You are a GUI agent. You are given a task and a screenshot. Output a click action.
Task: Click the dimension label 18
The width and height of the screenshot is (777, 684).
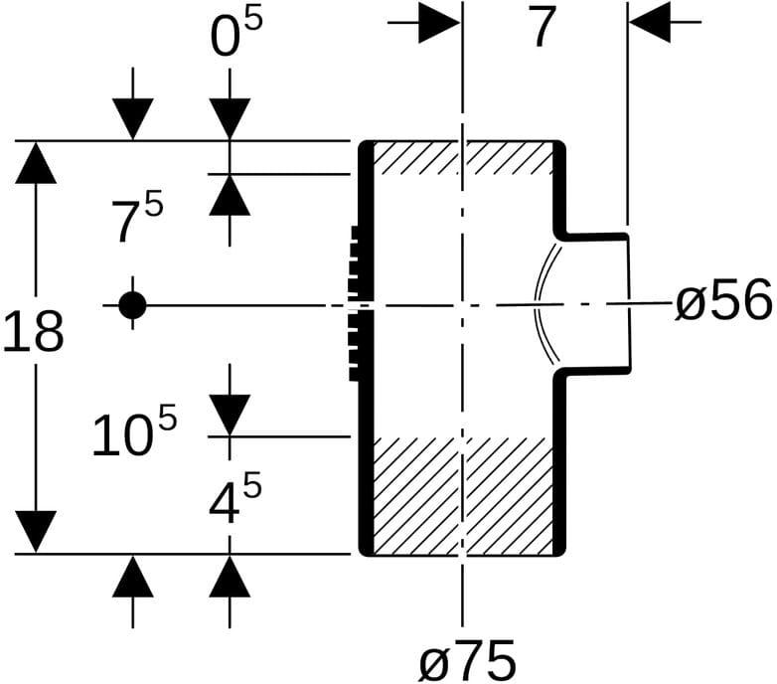[x=33, y=331]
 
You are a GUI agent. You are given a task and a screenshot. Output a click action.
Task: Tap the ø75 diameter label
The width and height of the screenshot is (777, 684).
[x=467, y=660]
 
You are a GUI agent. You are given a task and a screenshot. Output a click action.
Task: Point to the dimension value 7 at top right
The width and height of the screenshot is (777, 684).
[x=543, y=27]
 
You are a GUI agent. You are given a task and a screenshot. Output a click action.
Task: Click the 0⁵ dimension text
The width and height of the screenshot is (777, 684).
[x=235, y=34]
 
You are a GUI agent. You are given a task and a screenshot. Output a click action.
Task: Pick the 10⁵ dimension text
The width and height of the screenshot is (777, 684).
[x=134, y=430]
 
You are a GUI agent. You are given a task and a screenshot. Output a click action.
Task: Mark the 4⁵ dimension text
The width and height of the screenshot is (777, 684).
[x=234, y=498]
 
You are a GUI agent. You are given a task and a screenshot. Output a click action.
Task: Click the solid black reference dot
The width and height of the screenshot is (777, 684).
[x=132, y=305]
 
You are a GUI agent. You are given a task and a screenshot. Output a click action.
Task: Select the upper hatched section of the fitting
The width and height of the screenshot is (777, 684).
[x=462, y=158]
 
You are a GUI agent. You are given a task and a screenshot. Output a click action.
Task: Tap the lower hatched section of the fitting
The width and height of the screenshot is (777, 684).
[x=462, y=496]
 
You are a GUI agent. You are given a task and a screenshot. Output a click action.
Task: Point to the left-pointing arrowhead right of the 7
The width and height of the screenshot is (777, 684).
[x=650, y=22]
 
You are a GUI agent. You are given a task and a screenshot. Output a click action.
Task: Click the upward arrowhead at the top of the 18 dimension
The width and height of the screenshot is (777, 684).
[x=36, y=163]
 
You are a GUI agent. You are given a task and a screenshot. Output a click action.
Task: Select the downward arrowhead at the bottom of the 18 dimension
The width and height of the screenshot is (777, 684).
[x=36, y=532]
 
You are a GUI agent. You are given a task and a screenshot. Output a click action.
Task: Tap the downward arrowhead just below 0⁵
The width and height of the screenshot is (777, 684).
[x=230, y=119]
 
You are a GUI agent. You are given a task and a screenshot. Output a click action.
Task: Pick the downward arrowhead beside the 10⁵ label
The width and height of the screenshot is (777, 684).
[x=230, y=416]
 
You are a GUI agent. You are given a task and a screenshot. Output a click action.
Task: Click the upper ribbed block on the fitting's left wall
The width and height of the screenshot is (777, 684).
[x=355, y=262]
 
